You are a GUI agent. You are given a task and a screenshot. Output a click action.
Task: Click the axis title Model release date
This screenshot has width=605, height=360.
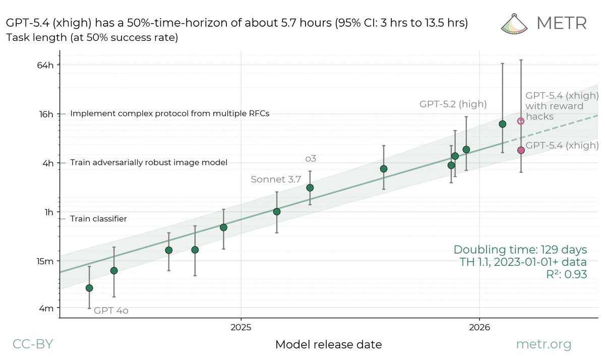pyautogui.click(x=328, y=345)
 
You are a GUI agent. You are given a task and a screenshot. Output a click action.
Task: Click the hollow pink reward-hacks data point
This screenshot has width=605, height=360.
pyautogui.click(x=521, y=121)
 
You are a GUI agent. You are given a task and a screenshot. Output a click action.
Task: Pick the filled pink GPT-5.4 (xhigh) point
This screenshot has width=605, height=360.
pyautogui.click(x=521, y=150)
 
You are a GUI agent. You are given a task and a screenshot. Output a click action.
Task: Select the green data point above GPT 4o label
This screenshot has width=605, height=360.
pyautogui.click(x=89, y=288)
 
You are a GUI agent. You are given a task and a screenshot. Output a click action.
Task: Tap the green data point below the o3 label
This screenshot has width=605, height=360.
pyautogui.click(x=310, y=188)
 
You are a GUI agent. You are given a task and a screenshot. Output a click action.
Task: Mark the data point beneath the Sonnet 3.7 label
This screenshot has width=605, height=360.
pyautogui.click(x=277, y=211)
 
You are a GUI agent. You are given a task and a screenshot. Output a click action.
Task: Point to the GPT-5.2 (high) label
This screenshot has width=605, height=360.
pyautogui.click(x=453, y=104)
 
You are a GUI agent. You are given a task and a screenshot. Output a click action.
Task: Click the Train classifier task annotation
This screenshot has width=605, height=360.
pyautogui.click(x=98, y=219)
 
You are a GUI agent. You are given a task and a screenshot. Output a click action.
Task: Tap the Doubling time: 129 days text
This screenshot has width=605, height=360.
pyautogui.click(x=520, y=250)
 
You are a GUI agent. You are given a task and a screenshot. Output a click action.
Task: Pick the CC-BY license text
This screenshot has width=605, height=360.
pyautogui.click(x=32, y=344)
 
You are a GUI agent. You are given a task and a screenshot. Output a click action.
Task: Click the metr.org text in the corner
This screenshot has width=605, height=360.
pyautogui.click(x=543, y=344)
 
